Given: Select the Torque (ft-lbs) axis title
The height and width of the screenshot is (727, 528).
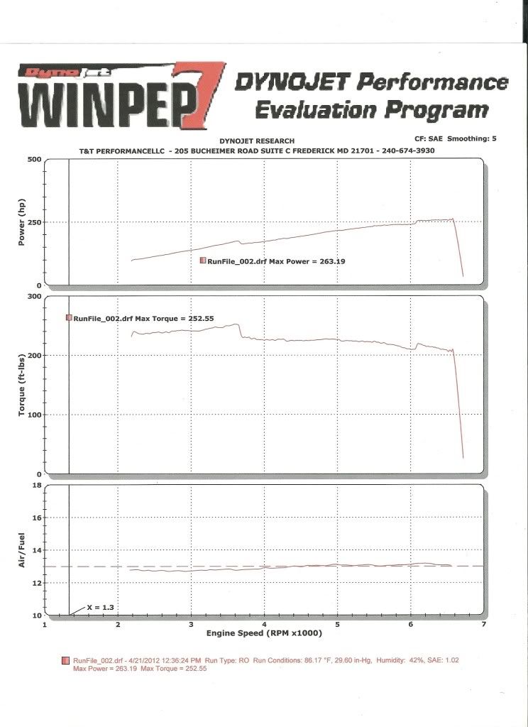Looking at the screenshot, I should pyautogui.click(x=21, y=384).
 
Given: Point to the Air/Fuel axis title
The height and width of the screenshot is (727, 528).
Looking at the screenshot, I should pyautogui.click(x=21, y=550).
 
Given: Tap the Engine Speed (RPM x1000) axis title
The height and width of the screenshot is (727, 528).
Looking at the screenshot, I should pyautogui.click(x=263, y=633).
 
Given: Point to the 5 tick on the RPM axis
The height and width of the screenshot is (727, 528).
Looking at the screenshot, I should pyautogui.click(x=337, y=624).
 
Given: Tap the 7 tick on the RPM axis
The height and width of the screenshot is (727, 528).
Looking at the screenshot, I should pyautogui.click(x=483, y=624).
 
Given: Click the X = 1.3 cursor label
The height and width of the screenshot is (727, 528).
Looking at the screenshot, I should pyautogui.click(x=100, y=608).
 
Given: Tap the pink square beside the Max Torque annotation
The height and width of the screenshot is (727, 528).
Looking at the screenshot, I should pyautogui.click(x=69, y=318).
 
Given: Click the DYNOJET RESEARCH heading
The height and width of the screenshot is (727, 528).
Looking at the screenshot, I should pyautogui.click(x=263, y=141).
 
